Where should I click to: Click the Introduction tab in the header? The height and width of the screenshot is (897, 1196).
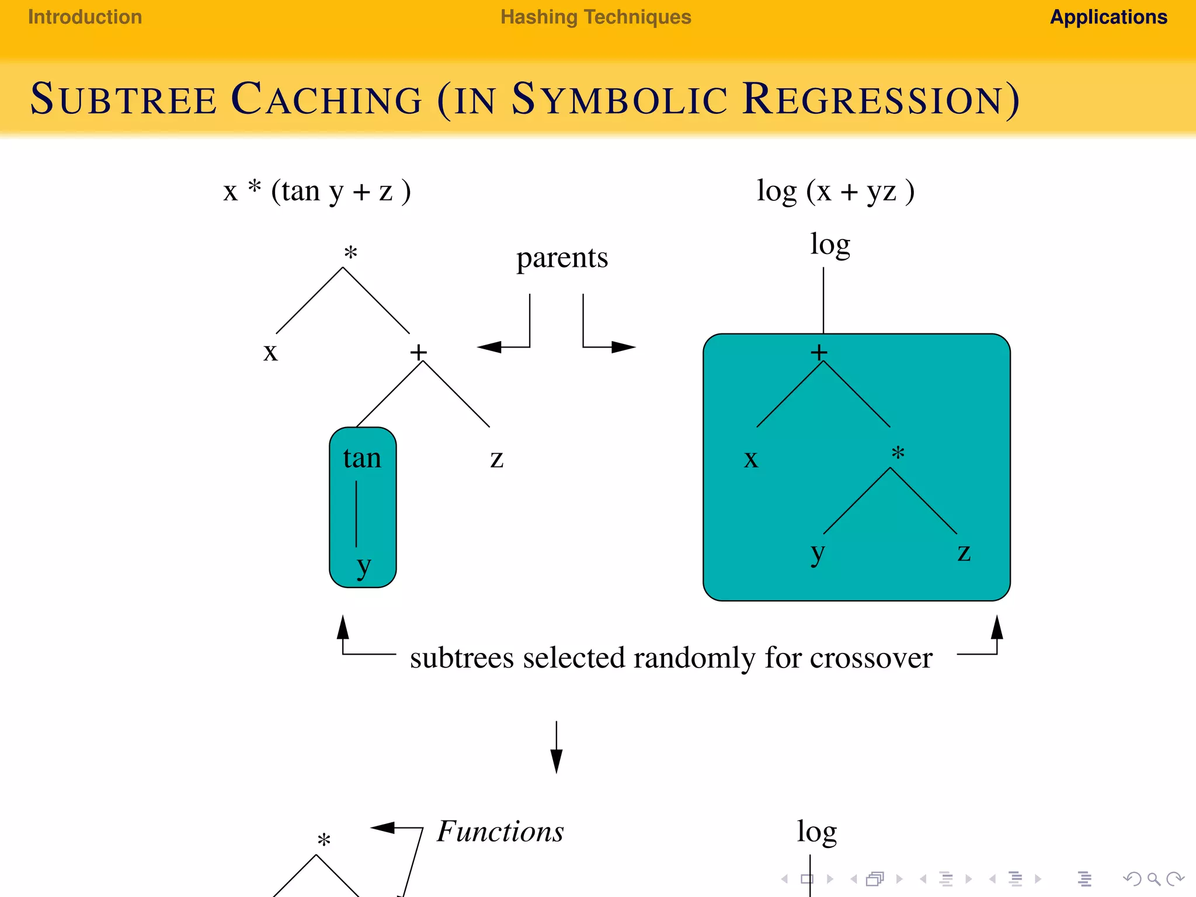[85, 18]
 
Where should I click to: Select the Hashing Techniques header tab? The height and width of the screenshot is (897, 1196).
[596, 18]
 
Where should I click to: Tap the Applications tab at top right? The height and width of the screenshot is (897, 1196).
[1108, 18]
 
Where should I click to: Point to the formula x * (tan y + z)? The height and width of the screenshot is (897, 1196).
[317, 191]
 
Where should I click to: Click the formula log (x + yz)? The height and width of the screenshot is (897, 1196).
[835, 191]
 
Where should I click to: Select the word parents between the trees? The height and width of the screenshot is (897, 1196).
[562, 258]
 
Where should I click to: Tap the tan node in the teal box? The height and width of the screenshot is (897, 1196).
[362, 458]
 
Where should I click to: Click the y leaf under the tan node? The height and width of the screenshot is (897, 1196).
[363, 565]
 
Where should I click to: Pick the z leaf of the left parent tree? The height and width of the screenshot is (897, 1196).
[496, 459]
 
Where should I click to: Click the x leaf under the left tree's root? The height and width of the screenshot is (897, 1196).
[270, 352]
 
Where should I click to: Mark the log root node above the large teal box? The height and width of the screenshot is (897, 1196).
[829, 244]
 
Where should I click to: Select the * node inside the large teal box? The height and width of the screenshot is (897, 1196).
[898, 453]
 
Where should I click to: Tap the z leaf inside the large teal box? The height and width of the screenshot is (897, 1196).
[964, 552]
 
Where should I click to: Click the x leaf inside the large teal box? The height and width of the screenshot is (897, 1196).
[751, 459]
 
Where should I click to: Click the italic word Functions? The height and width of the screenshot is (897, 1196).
[500, 832]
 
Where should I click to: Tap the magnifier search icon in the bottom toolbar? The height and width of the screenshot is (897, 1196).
[1153, 879]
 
